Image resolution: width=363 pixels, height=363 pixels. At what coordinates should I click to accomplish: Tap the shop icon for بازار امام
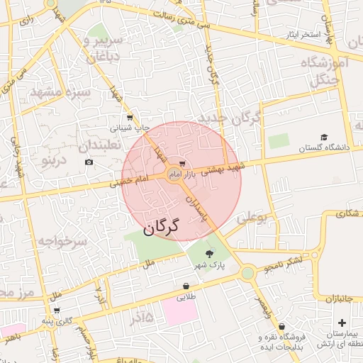[184, 164]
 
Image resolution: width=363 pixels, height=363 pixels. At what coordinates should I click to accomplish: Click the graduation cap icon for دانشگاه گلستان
[324, 138]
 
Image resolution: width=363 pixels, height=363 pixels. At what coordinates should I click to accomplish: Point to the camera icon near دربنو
[89, 162]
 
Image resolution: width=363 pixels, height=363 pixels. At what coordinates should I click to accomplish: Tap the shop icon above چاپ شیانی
[129, 118]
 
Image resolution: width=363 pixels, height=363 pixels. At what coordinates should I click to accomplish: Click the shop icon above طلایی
[186, 286]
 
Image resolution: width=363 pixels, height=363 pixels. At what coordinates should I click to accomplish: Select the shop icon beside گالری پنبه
[56, 311]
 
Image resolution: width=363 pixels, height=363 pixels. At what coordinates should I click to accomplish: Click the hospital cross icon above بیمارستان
[342, 323]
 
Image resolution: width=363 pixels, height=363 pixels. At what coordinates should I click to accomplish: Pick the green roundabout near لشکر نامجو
[247, 273]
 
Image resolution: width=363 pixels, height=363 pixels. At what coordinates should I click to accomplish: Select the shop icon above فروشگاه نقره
[282, 326]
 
